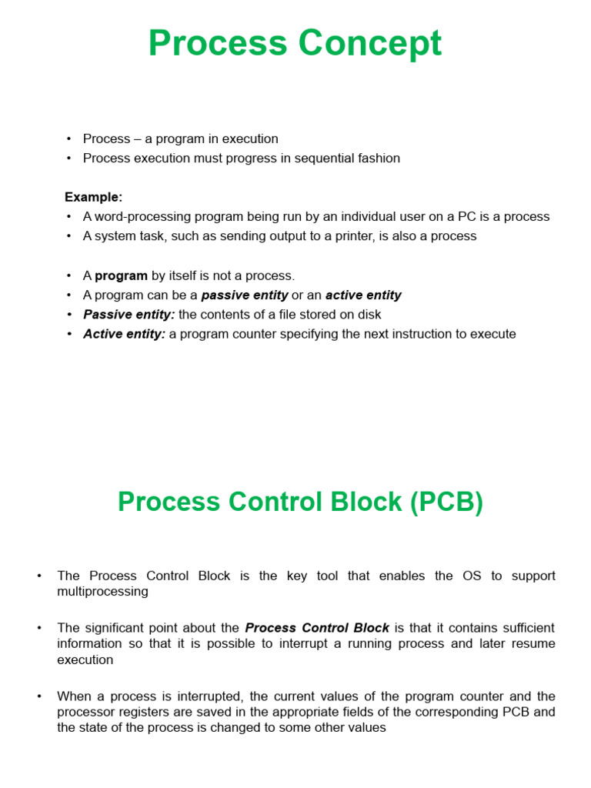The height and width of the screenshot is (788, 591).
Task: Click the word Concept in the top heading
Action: pos(370,44)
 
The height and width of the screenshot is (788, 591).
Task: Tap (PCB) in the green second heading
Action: pos(446,502)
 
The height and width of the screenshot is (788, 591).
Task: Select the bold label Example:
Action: pos(93,197)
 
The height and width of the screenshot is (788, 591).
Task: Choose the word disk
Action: pos(369,315)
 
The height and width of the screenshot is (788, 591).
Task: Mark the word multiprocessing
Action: pos(102,592)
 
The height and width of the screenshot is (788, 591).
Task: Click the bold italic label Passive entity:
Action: pos(129,315)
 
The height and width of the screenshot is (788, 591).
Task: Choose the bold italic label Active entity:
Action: pos(124,334)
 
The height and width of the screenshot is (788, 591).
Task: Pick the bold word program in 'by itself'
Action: pos(121,275)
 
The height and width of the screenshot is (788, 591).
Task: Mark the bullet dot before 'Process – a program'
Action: pos(68,139)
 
